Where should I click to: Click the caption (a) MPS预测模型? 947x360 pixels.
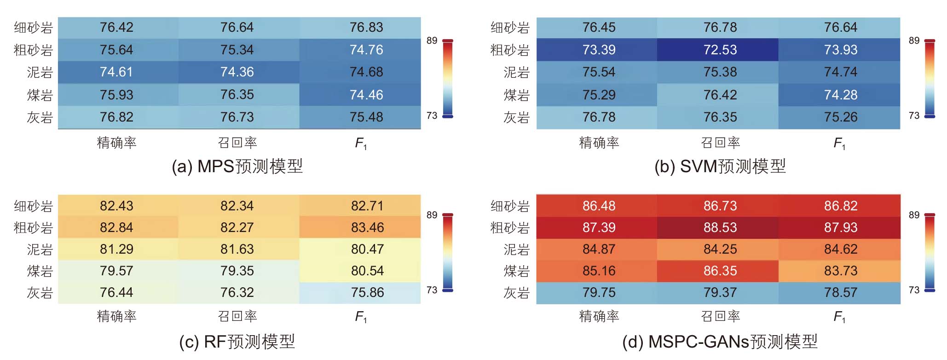[x=237, y=166]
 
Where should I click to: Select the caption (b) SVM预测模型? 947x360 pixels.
[x=720, y=166]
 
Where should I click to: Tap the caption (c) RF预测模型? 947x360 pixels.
[x=237, y=342]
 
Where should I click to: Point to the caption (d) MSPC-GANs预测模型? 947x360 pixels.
[x=720, y=342]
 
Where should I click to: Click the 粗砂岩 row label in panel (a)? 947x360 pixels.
[x=34, y=50]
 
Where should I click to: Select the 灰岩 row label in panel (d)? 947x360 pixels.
[x=517, y=293]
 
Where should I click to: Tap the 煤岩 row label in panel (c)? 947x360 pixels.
[x=40, y=271]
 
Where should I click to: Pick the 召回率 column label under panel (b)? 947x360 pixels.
[x=721, y=143]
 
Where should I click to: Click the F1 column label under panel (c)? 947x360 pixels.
[x=361, y=317]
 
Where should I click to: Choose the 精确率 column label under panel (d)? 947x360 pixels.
[x=599, y=316]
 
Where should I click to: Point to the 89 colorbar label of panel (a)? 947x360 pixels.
[x=432, y=41]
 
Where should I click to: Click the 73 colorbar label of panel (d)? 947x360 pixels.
[x=914, y=290]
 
